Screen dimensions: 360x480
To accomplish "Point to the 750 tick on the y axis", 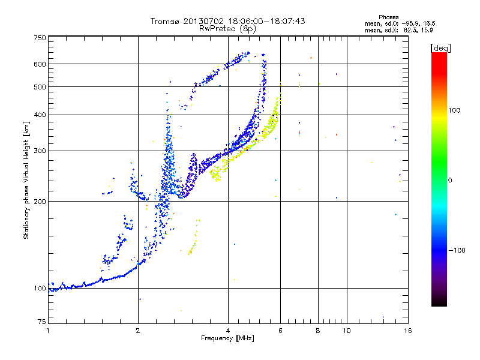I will coord(40,38).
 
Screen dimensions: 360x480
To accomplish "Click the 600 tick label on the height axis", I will coord(40,64).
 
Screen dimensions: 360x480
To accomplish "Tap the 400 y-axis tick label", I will coord(40,115).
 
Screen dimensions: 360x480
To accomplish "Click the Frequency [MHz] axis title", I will coord(228,338).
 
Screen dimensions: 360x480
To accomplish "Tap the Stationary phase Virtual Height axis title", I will coord(26,180).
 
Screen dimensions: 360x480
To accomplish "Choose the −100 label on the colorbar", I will coord(457,250).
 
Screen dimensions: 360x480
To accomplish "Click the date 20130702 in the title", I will coord(204,21).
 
